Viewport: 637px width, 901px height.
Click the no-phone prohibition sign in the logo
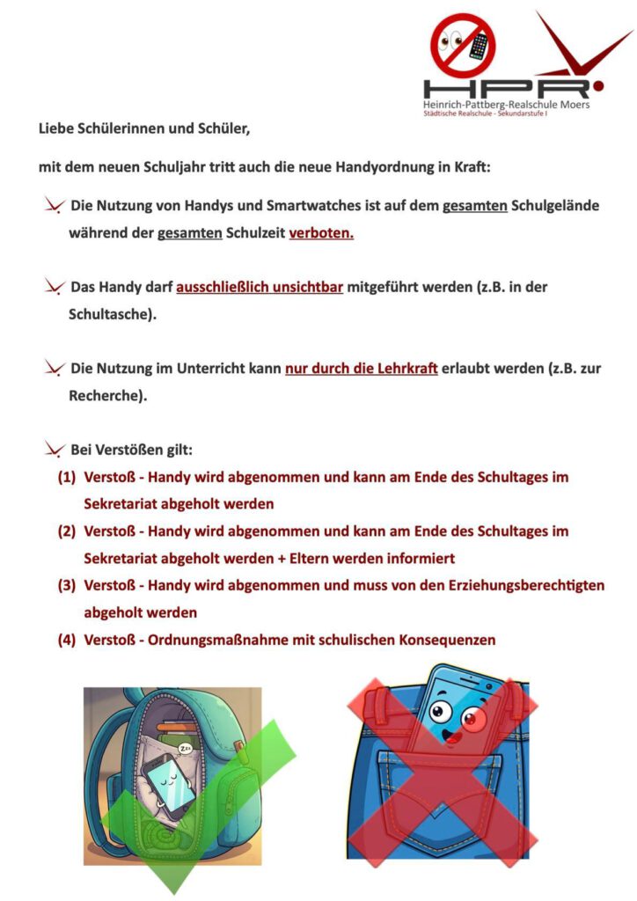pos(463,45)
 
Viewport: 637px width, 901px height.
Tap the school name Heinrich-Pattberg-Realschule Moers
pos(507,106)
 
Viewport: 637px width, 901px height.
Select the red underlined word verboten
pos(321,235)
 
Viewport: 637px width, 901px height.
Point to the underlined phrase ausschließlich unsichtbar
pos(260,287)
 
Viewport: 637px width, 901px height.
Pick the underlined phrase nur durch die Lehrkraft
pos(362,369)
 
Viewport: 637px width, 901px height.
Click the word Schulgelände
pos(556,207)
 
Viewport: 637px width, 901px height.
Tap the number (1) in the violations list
pos(67,477)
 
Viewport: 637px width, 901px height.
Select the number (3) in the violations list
pos(67,585)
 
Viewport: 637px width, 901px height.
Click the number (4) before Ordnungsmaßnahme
pos(67,640)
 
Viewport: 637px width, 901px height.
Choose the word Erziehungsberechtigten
pos(521,585)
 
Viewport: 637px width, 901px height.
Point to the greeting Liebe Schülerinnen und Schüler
pos(144,129)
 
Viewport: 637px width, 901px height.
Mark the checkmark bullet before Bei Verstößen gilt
pos(54,450)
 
